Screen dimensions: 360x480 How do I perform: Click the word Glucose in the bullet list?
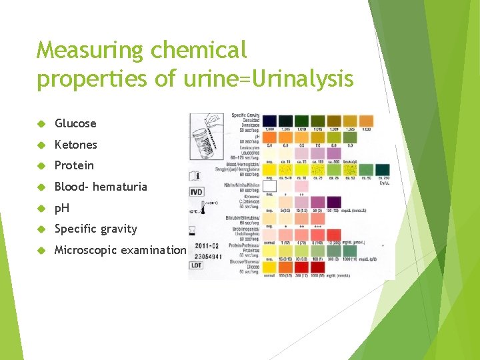[75, 123]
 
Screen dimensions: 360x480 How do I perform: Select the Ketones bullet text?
[76, 145]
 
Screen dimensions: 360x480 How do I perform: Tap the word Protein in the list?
[74, 165]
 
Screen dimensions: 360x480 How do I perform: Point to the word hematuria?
[120, 187]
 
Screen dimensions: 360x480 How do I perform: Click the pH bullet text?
[61, 208]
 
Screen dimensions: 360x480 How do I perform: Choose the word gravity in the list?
[119, 229]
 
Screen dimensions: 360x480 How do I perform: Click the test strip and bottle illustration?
[210, 137]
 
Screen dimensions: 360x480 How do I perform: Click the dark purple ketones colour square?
[334, 201]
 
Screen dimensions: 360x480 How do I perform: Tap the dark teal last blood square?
[383, 170]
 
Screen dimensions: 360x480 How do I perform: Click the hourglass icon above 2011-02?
[192, 230]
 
